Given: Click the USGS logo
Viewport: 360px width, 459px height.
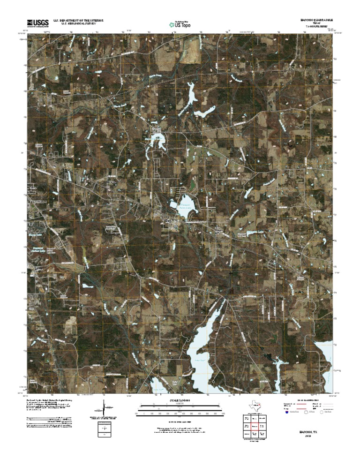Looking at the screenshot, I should point(37,23).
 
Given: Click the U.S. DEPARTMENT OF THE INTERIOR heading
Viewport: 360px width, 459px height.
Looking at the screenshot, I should point(78,21).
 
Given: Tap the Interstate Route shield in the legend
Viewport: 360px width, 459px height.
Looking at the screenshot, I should point(287,413).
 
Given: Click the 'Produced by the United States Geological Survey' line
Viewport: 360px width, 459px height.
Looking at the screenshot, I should point(49,401).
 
